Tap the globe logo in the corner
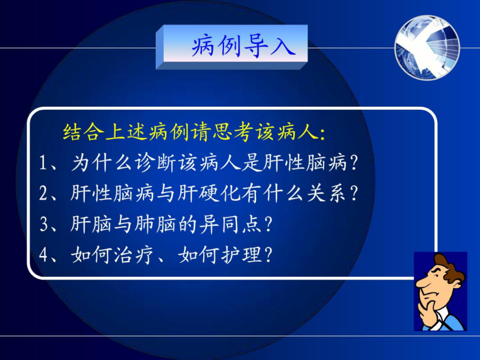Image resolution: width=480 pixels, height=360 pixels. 427,48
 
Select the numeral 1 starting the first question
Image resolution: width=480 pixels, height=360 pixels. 43,163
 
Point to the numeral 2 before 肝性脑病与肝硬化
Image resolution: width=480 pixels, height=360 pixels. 43,193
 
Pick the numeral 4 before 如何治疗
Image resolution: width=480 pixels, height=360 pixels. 43,255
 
